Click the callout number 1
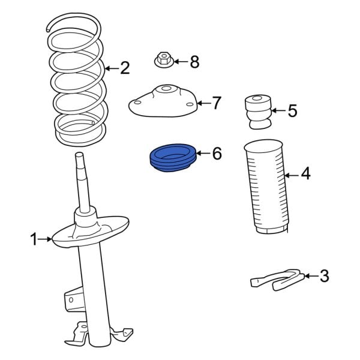tap(34, 241)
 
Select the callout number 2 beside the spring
tap(124, 68)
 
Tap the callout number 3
tap(324, 276)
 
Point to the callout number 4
tap(305, 174)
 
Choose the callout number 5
tap(292, 110)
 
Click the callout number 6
tap(217, 154)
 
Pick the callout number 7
tap(217, 103)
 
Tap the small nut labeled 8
tap(163, 61)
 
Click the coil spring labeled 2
tap(78, 84)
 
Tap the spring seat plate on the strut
tap(90, 233)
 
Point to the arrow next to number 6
tap(202, 154)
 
